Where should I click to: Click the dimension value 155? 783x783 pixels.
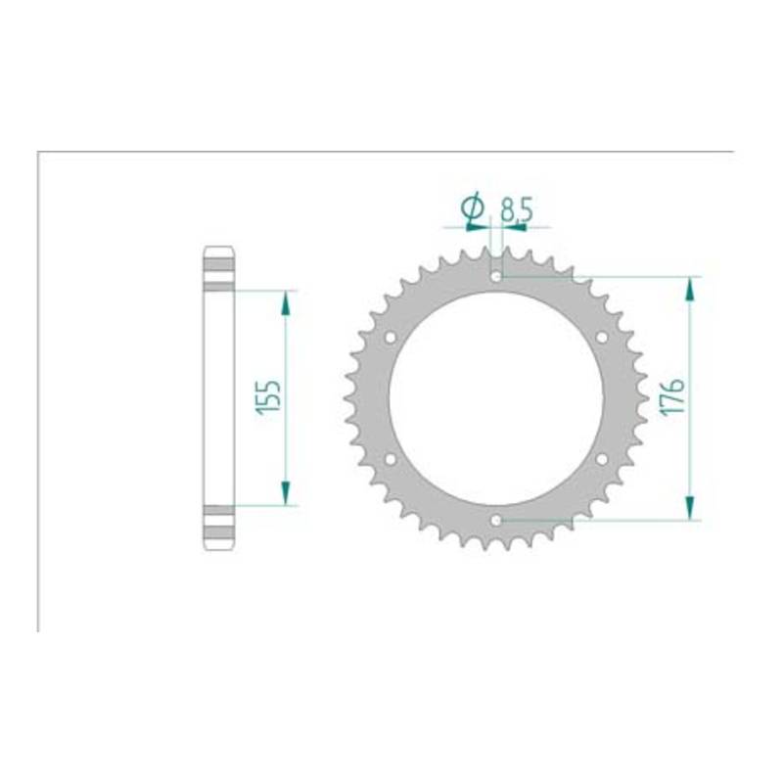pyautogui.click(x=268, y=397)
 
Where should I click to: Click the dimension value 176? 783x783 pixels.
pyautogui.click(x=672, y=397)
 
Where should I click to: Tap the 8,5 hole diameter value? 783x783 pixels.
pyautogui.click(x=518, y=209)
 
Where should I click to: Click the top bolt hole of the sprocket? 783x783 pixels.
pyautogui.click(x=496, y=276)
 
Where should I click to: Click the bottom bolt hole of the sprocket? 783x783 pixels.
pyautogui.click(x=496, y=521)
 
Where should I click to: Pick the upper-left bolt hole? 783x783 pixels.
pyautogui.click(x=391, y=337)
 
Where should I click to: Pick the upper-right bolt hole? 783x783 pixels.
pyautogui.click(x=602, y=337)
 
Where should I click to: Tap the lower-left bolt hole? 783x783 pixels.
pyautogui.click(x=391, y=459)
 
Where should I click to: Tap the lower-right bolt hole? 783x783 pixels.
pyautogui.click(x=602, y=459)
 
